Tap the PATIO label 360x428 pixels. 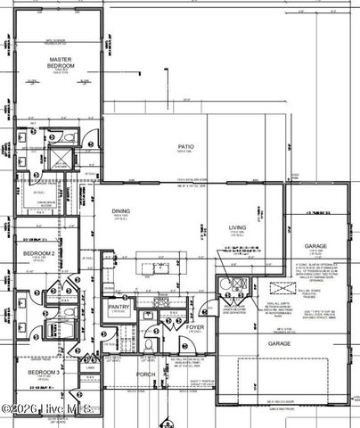point(186,147)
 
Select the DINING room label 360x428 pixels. point(121,211)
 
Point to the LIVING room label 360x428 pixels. point(237,228)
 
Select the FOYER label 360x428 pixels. point(195,327)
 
